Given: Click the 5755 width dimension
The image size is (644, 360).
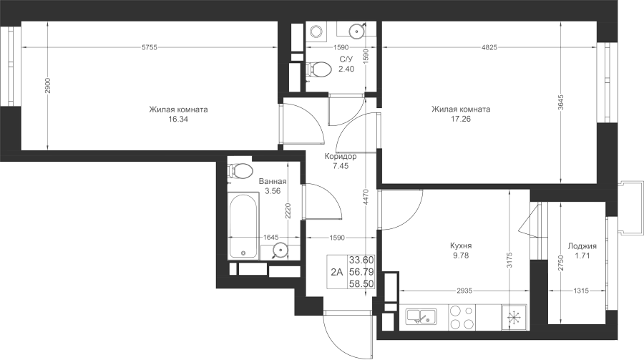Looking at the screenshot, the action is (x=150, y=47).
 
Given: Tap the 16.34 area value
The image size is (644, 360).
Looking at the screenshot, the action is (x=178, y=120).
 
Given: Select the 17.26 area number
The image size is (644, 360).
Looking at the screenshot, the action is (x=460, y=119).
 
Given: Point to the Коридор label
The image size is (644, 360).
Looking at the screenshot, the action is (x=341, y=156).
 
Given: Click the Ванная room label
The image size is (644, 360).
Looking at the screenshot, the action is (x=273, y=181).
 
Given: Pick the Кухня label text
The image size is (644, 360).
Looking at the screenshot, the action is (x=461, y=245).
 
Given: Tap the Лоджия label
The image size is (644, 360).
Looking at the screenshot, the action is (x=582, y=246).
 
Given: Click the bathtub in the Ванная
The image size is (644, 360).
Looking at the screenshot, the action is (x=243, y=225).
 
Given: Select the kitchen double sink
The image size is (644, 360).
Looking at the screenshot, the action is (x=421, y=317).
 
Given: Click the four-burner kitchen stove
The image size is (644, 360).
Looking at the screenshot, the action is (x=462, y=317).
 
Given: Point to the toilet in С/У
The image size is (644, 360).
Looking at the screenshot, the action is (x=318, y=69).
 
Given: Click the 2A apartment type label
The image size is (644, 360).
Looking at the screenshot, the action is (x=337, y=272).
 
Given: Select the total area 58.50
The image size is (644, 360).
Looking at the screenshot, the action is (x=361, y=283).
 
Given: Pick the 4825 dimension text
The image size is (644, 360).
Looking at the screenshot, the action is (x=489, y=47).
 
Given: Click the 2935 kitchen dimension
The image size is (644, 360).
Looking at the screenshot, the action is (x=464, y=291).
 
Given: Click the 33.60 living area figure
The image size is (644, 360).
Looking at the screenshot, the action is (x=361, y=260).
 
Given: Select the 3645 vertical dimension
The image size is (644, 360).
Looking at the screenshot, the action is (x=561, y=103).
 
